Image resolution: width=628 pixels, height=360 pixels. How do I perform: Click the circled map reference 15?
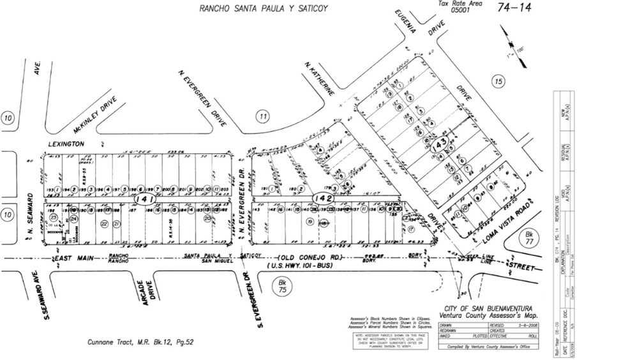click(x=498, y=80)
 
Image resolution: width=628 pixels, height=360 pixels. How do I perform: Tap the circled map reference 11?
click(x=262, y=116)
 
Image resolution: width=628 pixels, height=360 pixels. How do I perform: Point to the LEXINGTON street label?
click(x=66, y=144)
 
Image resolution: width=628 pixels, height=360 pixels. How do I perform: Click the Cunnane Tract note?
click(x=140, y=342)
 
